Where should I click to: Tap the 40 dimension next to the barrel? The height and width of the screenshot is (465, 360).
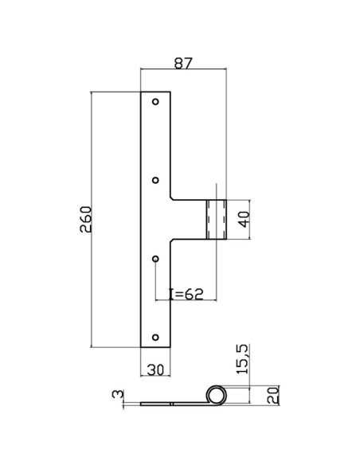(245, 220)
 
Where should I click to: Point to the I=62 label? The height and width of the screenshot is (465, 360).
(189, 294)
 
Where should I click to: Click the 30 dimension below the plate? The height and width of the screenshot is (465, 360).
(155, 369)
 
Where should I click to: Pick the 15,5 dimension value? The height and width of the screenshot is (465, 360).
(243, 359)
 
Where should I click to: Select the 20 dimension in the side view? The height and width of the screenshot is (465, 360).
(273, 395)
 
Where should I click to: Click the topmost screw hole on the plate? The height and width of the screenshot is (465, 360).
(156, 103)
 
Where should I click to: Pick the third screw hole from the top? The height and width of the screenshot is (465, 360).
(156, 259)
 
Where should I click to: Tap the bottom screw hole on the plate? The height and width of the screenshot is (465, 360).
(156, 337)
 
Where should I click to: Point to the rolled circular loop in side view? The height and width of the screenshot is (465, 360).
(215, 395)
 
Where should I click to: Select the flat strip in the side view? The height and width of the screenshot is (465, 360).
(171, 404)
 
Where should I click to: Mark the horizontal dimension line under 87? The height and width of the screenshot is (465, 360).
(184, 70)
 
